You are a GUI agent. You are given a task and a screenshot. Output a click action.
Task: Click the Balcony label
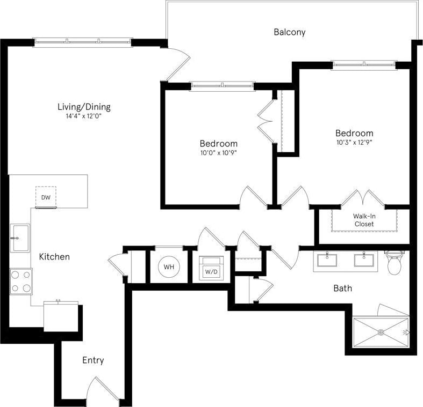(289, 32)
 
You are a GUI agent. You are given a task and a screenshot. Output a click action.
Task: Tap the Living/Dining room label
(84, 106)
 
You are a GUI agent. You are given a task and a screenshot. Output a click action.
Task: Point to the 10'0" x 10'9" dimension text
(218, 153)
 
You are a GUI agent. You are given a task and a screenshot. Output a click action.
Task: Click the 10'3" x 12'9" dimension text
(354, 143)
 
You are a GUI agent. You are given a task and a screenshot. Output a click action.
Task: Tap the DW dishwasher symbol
(46, 197)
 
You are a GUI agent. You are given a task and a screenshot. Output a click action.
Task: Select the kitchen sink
(20, 238)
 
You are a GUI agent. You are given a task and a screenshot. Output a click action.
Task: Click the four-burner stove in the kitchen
(20, 281)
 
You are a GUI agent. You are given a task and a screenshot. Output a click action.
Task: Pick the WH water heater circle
(169, 267)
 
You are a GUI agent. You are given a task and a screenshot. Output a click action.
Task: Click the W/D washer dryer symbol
(211, 269)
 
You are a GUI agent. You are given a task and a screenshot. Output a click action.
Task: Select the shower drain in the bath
(381, 332)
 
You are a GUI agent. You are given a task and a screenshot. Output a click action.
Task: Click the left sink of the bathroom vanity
(326, 260)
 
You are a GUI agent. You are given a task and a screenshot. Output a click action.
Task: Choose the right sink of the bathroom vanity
(364, 260)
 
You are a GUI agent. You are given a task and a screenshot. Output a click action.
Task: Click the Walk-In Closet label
(363, 220)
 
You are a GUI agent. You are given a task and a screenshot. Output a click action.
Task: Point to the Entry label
(93, 360)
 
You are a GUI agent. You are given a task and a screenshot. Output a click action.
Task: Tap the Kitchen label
(54, 257)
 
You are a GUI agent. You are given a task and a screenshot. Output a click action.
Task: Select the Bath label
(342, 288)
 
